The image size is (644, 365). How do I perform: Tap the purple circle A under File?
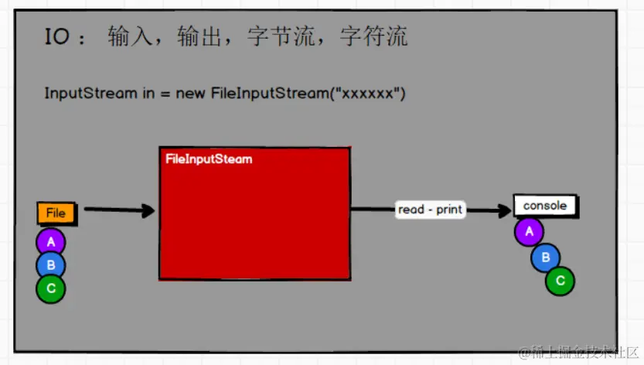tap(51, 242)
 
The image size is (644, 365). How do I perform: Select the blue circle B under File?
tap(51, 265)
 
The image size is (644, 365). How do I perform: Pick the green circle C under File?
tap(51, 288)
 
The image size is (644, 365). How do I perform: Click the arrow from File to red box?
tap(120, 210)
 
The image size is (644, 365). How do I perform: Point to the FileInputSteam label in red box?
tap(209, 159)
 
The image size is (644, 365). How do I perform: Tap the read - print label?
tap(430, 210)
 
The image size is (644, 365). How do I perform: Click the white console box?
tap(545, 206)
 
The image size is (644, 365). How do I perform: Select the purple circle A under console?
tap(530, 231)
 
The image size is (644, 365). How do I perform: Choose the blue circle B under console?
tap(545, 257)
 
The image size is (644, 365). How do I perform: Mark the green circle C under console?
tap(560, 281)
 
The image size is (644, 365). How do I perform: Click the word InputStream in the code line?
tap(90, 94)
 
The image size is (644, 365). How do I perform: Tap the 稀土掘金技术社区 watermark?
tap(580, 353)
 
